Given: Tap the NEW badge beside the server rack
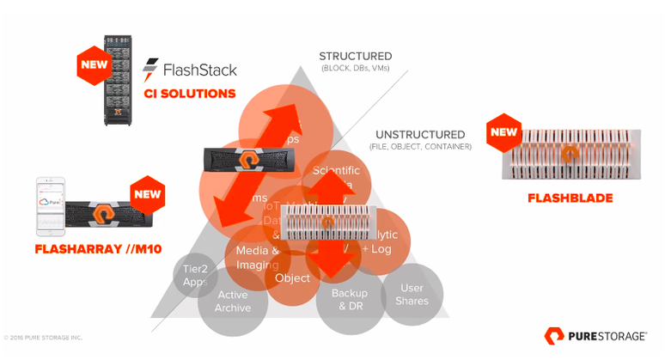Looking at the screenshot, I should point(92,64).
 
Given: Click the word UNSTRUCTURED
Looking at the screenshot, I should point(420,135).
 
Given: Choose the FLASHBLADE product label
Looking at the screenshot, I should point(570,198).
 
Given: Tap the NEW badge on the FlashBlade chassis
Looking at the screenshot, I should point(503,132).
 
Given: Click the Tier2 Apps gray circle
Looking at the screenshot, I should point(195,275).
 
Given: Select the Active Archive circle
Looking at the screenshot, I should point(233,302).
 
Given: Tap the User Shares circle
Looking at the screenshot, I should point(411,295).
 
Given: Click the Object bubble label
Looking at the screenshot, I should point(292,278).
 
